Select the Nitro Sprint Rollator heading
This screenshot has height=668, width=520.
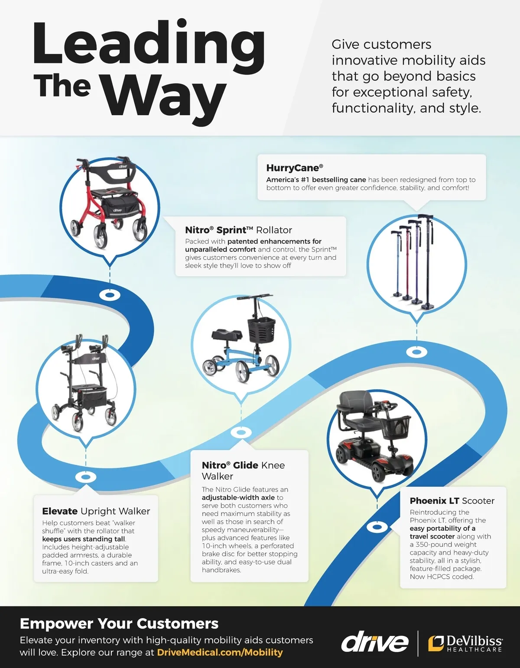pyautogui.click(x=238, y=230)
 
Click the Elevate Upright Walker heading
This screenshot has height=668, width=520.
pyautogui.click(x=96, y=511)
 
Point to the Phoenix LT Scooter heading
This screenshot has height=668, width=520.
pyautogui.click(x=452, y=501)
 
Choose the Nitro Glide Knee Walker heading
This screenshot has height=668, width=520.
pyautogui.click(x=243, y=471)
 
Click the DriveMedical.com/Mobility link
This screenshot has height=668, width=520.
pyautogui.click(x=220, y=652)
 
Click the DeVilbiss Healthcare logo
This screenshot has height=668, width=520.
pyautogui.click(x=465, y=643)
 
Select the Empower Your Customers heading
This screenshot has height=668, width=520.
pyautogui.click(x=119, y=624)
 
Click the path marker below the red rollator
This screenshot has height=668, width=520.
pyautogui.click(x=110, y=295)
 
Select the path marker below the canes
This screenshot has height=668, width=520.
pyautogui.click(x=416, y=352)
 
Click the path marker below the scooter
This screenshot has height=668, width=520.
pyautogui.click(x=377, y=527)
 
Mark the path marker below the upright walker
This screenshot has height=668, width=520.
pyautogui.click(x=86, y=477)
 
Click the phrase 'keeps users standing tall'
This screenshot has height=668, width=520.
pyautogui.click(x=84, y=539)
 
